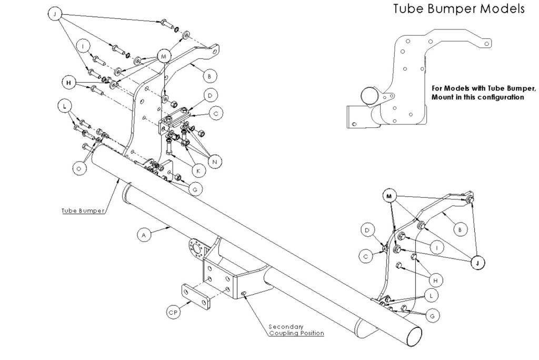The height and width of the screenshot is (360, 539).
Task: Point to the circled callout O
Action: click(x=79, y=168)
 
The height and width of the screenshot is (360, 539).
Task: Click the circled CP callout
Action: click(x=172, y=312)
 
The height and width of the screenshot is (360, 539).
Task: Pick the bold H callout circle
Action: click(x=68, y=83)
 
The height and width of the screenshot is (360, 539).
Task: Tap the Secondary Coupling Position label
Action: click(x=295, y=329)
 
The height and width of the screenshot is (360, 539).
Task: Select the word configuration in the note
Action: click(x=497, y=97)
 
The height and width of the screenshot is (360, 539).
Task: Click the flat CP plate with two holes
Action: click(x=196, y=297)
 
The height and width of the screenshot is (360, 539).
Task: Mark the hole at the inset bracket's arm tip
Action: click(x=487, y=44)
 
